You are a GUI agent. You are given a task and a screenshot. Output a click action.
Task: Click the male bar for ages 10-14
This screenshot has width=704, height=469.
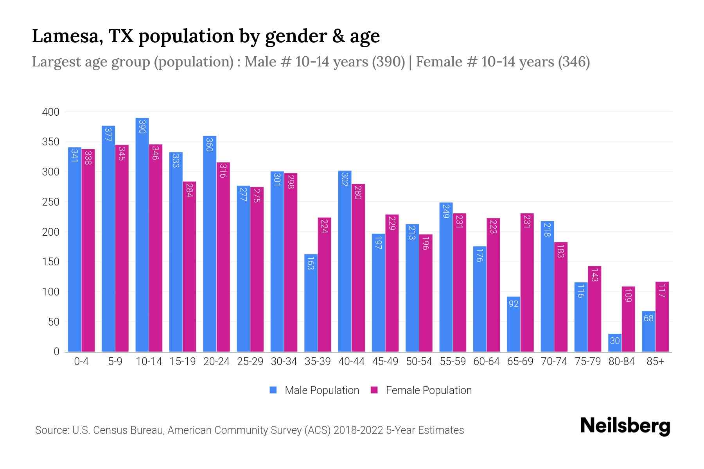(142, 234)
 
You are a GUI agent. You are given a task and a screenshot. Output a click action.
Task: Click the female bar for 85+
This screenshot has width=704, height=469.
(662, 317)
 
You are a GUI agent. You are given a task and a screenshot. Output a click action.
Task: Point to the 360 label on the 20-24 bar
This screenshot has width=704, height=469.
(209, 144)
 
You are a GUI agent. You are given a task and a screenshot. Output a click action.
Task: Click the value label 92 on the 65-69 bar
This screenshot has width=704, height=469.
(513, 303)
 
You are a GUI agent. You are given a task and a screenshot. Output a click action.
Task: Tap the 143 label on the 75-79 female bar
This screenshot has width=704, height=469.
(594, 275)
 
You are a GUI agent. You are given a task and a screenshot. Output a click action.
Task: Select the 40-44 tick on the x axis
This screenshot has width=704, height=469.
(351, 362)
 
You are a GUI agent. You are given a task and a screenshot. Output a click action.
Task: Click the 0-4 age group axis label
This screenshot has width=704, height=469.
(81, 362)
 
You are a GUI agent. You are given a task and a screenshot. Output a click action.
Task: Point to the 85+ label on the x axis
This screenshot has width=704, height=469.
(655, 362)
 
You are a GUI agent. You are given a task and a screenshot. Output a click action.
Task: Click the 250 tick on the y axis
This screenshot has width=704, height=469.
(50, 202)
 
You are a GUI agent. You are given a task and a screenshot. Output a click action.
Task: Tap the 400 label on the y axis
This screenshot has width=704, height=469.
(50, 112)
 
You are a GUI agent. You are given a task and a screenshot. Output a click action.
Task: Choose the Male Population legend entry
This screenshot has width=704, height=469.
(321, 390)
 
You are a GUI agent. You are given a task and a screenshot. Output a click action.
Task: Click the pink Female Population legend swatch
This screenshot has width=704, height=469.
(374, 390)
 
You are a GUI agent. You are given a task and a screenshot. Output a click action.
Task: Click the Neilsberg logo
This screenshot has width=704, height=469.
(625, 426)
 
